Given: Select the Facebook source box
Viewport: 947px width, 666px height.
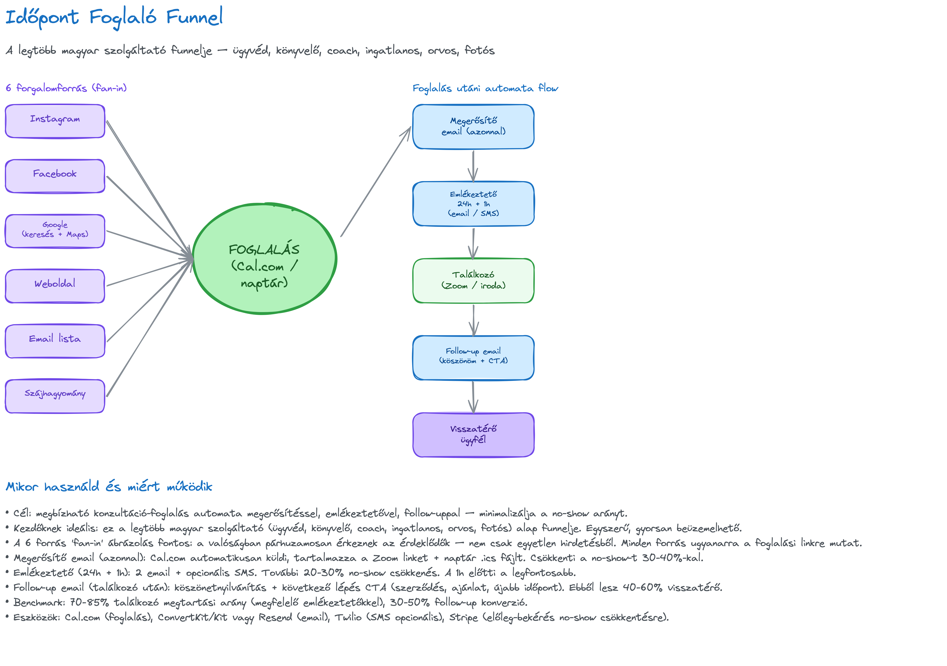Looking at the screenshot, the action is pos(55,176).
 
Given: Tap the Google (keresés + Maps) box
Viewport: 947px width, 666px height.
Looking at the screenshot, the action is pos(55,231).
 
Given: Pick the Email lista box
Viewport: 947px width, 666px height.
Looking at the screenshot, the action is pos(55,341).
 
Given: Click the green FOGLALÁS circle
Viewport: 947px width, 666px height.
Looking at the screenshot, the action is pos(265,259).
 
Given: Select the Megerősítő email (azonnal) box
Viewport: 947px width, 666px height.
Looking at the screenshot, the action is pos(473,126).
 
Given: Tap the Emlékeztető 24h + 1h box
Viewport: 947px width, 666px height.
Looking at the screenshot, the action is pos(473,204).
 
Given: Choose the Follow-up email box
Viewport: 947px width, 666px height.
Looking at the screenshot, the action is pos(473,357).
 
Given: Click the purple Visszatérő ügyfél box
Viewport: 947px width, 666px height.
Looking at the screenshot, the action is pos(473,435).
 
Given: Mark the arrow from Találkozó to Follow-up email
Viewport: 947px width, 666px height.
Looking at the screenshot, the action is pos(473,320).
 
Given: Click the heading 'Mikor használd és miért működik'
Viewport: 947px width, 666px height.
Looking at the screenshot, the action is pos(109,487).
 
